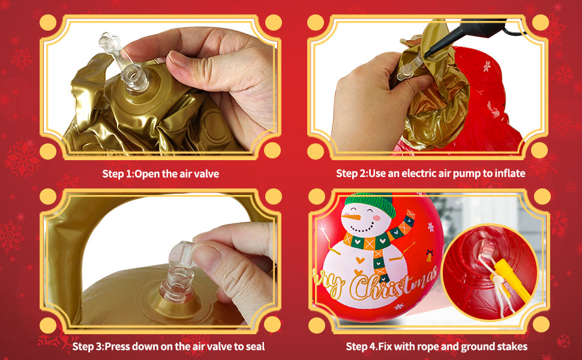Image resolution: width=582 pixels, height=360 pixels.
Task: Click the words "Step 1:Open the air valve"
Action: click(160, 173)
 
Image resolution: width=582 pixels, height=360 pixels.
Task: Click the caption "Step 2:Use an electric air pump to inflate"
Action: click(431, 173)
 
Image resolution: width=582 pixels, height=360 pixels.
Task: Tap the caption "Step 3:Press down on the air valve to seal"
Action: click(169, 347)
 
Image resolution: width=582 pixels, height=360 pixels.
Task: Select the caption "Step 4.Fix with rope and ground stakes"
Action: click(437, 347)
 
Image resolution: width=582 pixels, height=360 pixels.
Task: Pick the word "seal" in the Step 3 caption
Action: click(254, 347)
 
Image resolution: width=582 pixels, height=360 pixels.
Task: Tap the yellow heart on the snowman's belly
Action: click(360, 260)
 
